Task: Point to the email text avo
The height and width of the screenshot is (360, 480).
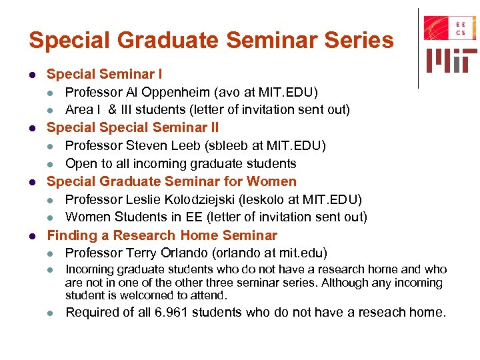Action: pyautogui.click(x=224, y=91)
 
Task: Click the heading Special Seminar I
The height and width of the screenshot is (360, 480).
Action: pyautogui.click(x=104, y=73)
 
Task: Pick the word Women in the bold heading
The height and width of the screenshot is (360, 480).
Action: pyautogui.click(x=272, y=181)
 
